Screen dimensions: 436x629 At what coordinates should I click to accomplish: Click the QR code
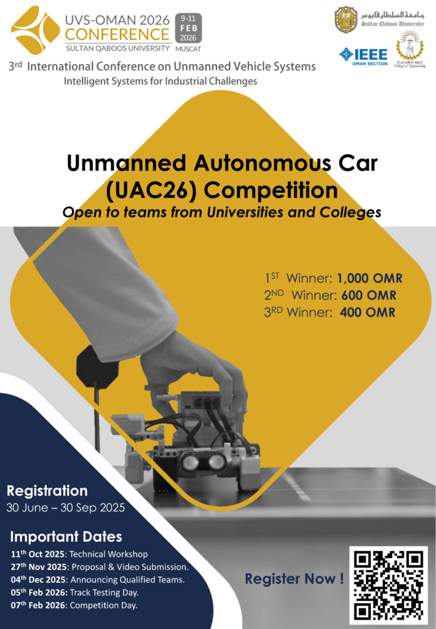(388, 585)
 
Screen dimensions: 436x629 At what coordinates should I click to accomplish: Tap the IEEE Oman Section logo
(363, 57)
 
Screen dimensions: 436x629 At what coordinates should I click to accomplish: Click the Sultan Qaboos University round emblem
(346, 20)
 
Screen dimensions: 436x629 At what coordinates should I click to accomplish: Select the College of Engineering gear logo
(409, 49)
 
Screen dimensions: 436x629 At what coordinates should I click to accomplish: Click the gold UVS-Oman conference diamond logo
(35, 31)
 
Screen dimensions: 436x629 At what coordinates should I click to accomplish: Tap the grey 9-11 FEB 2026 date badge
(188, 28)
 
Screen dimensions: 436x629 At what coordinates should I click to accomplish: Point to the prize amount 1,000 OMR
(370, 278)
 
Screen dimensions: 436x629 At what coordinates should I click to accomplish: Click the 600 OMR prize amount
(368, 295)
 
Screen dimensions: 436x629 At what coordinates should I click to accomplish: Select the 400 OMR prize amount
(367, 313)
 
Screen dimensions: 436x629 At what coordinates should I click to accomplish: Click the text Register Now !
(295, 579)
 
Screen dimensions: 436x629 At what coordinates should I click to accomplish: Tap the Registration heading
(47, 491)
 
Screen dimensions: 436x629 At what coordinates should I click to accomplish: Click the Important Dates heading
(66, 537)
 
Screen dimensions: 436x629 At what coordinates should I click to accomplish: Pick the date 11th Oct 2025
(38, 554)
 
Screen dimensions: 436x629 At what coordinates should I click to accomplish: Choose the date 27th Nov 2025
(39, 567)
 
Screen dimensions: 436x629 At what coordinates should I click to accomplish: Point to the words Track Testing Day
(104, 593)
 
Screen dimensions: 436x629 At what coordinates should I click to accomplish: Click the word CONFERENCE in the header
(117, 34)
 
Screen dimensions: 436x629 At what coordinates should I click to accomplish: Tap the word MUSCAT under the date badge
(188, 49)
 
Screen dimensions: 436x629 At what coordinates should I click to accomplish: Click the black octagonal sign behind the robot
(98, 367)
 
